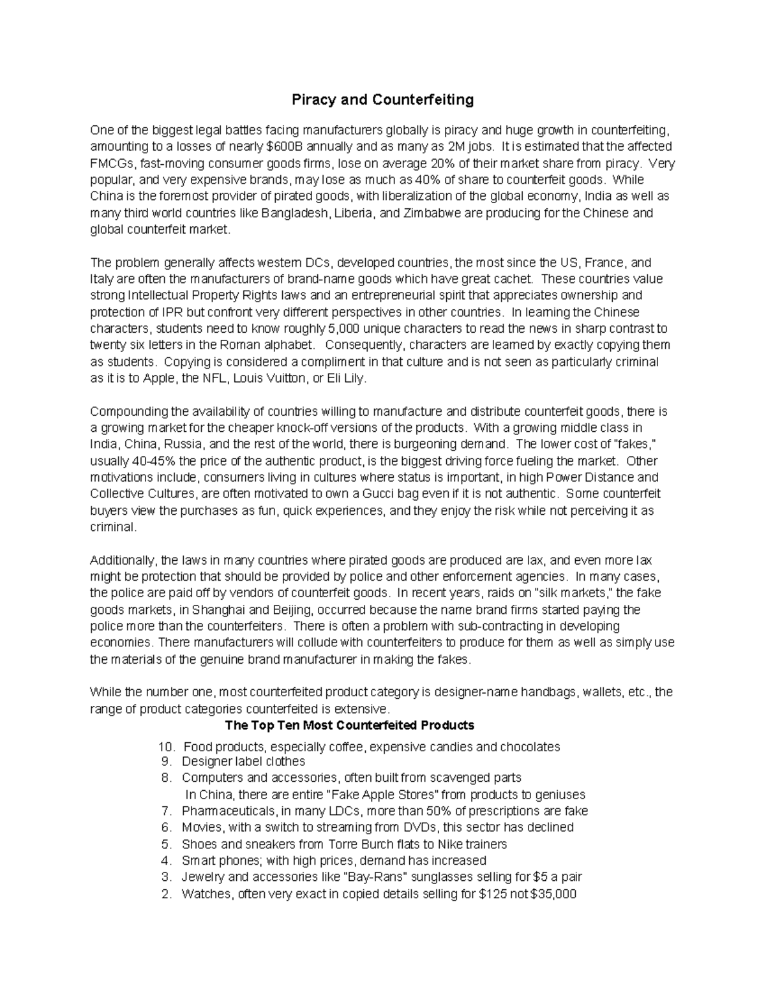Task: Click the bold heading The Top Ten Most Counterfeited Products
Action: click(350, 726)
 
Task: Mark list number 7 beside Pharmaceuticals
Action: click(167, 811)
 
